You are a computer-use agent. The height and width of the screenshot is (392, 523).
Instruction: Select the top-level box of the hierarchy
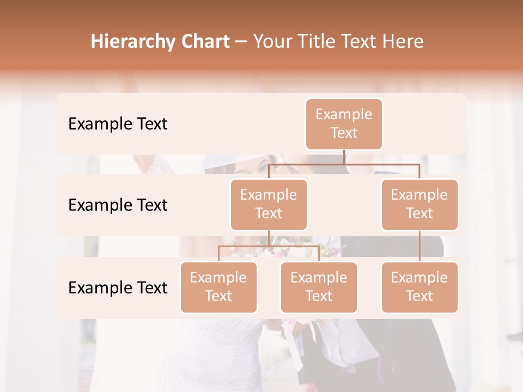coord(344,124)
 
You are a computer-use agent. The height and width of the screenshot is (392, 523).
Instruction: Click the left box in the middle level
coord(269,204)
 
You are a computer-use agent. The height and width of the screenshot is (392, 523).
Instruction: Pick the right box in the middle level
coord(419,204)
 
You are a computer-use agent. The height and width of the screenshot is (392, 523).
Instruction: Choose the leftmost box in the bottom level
coord(218,287)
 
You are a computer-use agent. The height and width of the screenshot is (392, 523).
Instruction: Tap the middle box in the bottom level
coord(319,287)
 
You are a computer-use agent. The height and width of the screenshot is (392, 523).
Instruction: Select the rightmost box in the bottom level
coord(419,287)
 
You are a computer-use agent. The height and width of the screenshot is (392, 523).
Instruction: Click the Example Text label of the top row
coord(118,124)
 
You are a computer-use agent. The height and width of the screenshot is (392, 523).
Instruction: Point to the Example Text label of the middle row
coord(118,205)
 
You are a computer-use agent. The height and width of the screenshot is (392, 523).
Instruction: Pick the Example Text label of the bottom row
coord(118,287)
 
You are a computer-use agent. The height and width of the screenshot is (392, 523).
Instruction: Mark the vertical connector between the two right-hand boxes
coord(419,246)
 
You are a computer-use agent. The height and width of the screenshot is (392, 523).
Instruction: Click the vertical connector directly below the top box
coord(344,157)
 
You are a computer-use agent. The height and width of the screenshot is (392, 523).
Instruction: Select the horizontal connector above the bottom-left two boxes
coord(269,246)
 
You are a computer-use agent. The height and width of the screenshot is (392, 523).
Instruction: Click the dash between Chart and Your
coord(241,42)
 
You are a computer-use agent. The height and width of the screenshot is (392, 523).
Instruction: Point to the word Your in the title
coord(271,41)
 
